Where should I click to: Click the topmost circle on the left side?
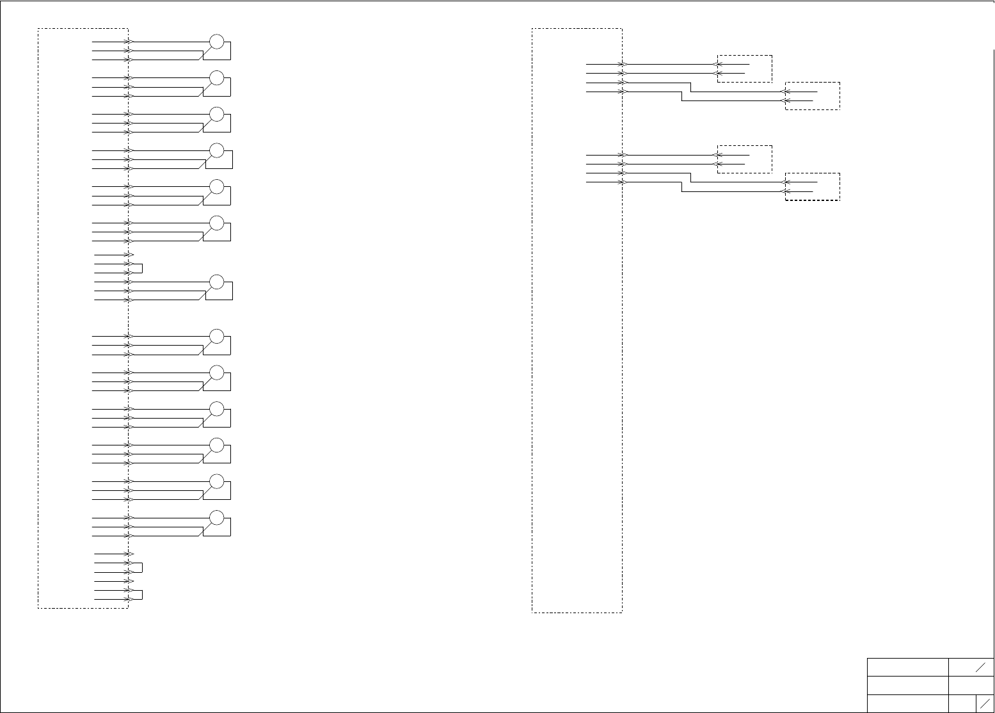pyautogui.click(x=217, y=42)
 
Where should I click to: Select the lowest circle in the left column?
pyautogui.click(x=217, y=517)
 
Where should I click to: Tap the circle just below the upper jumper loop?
pyautogui.click(x=217, y=282)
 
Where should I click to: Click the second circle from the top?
pyautogui.click(x=217, y=78)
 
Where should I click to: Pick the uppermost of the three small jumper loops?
pyautogui.click(x=138, y=268)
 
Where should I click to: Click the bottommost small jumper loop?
pyautogui.click(x=138, y=595)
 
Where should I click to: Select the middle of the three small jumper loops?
pyautogui.click(x=138, y=567)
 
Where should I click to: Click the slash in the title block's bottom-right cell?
pyautogui.click(x=985, y=703)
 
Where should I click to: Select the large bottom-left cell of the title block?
pyautogui.click(x=907, y=703)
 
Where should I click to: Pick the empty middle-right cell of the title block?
pyautogui.click(x=971, y=685)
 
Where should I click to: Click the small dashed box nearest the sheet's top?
pyautogui.click(x=745, y=68)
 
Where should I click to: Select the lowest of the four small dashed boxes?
pyautogui.click(x=813, y=187)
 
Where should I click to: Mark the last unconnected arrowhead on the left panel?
pyautogui.click(x=129, y=581)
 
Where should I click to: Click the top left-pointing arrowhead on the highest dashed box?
pyautogui.click(x=717, y=64)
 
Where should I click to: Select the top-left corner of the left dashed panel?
pyautogui.click(x=38, y=29)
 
